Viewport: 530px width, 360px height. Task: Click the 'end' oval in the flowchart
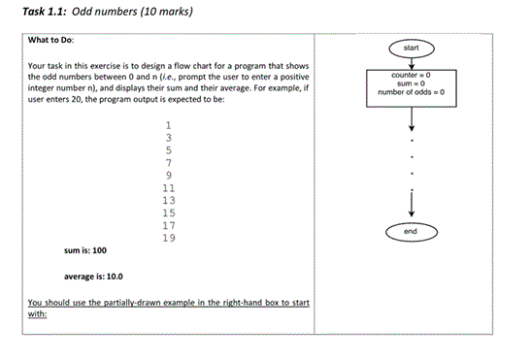(x=412, y=232)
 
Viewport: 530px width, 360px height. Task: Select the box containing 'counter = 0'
(x=412, y=84)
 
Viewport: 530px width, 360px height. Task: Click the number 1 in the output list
(x=169, y=125)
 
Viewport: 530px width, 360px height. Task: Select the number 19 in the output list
(x=169, y=237)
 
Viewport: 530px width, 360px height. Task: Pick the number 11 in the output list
(x=169, y=187)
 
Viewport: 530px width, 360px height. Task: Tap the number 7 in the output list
(x=169, y=162)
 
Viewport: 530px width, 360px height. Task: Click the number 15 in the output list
(x=169, y=212)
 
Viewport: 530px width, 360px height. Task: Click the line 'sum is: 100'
(x=85, y=249)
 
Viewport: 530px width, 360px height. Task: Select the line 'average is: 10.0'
(x=95, y=276)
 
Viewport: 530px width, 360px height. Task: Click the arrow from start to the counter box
(x=412, y=62)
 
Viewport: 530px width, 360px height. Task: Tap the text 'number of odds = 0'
(x=412, y=92)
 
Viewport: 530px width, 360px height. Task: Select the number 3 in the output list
(x=169, y=138)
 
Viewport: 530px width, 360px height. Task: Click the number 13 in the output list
(x=169, y=199)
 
